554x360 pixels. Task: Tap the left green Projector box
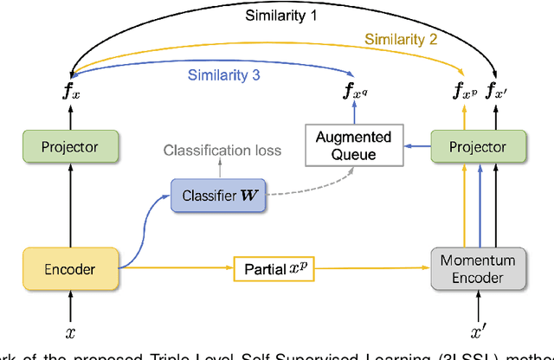[71, 147]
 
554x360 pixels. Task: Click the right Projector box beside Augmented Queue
[479, 147]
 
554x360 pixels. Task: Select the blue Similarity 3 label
[223, 75]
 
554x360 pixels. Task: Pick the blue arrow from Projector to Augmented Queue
[416, 147]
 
